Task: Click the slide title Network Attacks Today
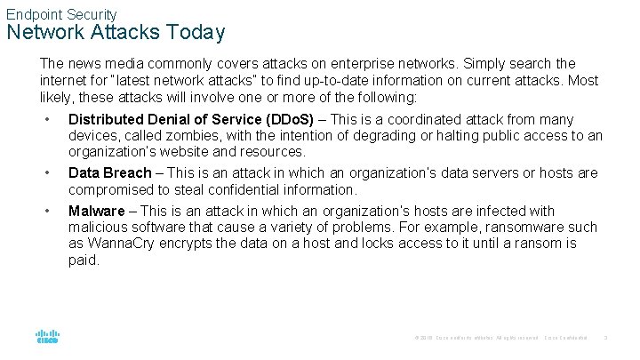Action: click(116, 33)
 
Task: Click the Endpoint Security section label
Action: click(61, 14)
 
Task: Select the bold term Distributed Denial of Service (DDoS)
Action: click(191, 120)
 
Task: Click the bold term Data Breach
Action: click(110, 173)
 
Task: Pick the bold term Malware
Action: click(97, 212)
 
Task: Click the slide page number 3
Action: click(605, 338)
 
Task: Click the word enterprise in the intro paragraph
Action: click(405, 64)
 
